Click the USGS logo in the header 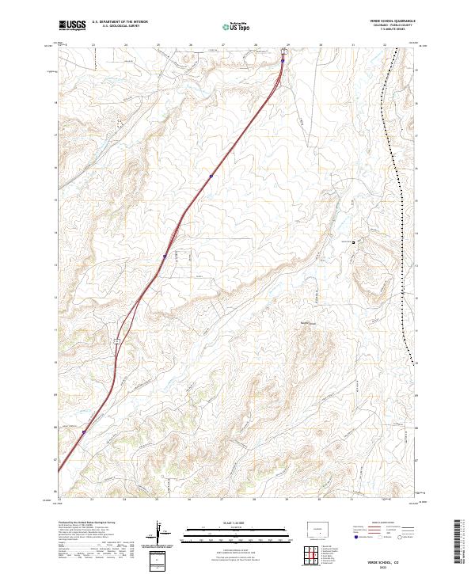point(72,25)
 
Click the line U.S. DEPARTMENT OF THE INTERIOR point(120,21)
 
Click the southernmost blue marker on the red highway point(84,432)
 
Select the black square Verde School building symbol point(354,242)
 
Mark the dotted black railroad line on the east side point(401,198)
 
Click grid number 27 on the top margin point(222,45)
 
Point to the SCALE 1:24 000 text point(231,523)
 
